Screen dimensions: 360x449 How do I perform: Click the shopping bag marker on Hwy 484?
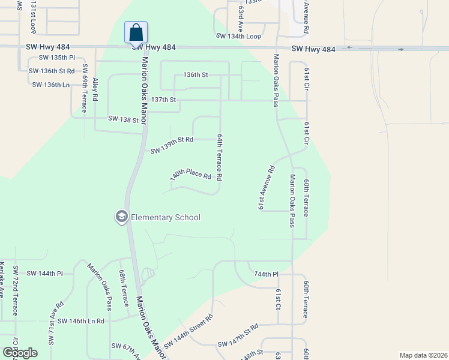click(x=136, y=32)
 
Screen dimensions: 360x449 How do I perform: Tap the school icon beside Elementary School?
click(x=122, y=217)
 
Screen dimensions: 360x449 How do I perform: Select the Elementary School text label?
click(x=166, y=217)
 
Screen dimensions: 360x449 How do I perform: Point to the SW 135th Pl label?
click(x=57, y=58)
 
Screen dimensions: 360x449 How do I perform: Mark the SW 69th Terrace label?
click(x=85, y=88)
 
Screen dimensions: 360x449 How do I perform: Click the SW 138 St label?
click(x=124, y=119)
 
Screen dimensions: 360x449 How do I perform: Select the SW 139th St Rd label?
click(x=172, y=144)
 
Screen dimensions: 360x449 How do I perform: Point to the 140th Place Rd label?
click(x=191, y=174)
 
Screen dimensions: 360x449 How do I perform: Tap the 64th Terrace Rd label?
click(x=220, y=157)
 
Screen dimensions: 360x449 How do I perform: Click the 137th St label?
click(x=164, y=99)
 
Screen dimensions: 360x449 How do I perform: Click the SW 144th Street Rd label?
click(x=188, y=331)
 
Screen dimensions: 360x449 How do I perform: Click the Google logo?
click(x=20, y=353)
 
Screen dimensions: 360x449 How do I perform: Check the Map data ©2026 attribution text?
click(x=423, y=355)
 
